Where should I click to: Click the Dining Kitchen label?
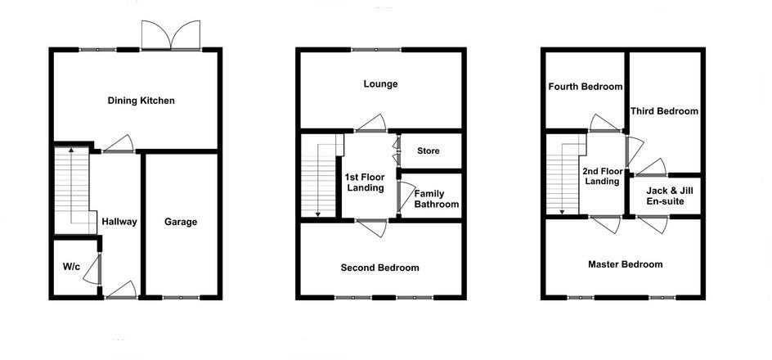tap(141, 101)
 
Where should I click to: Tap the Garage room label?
tap(181, 222)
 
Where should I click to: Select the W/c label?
tap(70, 267)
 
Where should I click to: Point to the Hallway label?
tap(119, 222)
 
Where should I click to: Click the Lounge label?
tap(380, 83)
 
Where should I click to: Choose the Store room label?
tap(429, 151)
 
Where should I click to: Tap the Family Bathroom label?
tap(436, 199)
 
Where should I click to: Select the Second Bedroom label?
tap(379, 268)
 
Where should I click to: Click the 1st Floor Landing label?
tap(365, 182)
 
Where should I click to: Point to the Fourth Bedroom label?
tap(586, 87)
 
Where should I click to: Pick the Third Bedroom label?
tap(664, 111)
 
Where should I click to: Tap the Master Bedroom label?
tap(625, 264)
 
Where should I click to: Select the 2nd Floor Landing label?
tap(601, 177)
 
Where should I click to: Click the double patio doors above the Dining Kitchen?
tap(169, 37)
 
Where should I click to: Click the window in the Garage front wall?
tap(180, 297)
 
